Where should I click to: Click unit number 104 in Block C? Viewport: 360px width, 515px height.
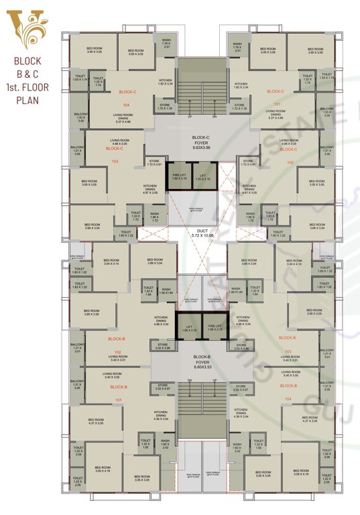(x=125, y=105)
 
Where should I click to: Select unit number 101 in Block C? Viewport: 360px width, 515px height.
(x=276, y=105)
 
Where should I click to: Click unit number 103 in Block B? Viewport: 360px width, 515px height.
(x=288, y=351)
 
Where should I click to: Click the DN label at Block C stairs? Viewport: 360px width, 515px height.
(x=214, y=117)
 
